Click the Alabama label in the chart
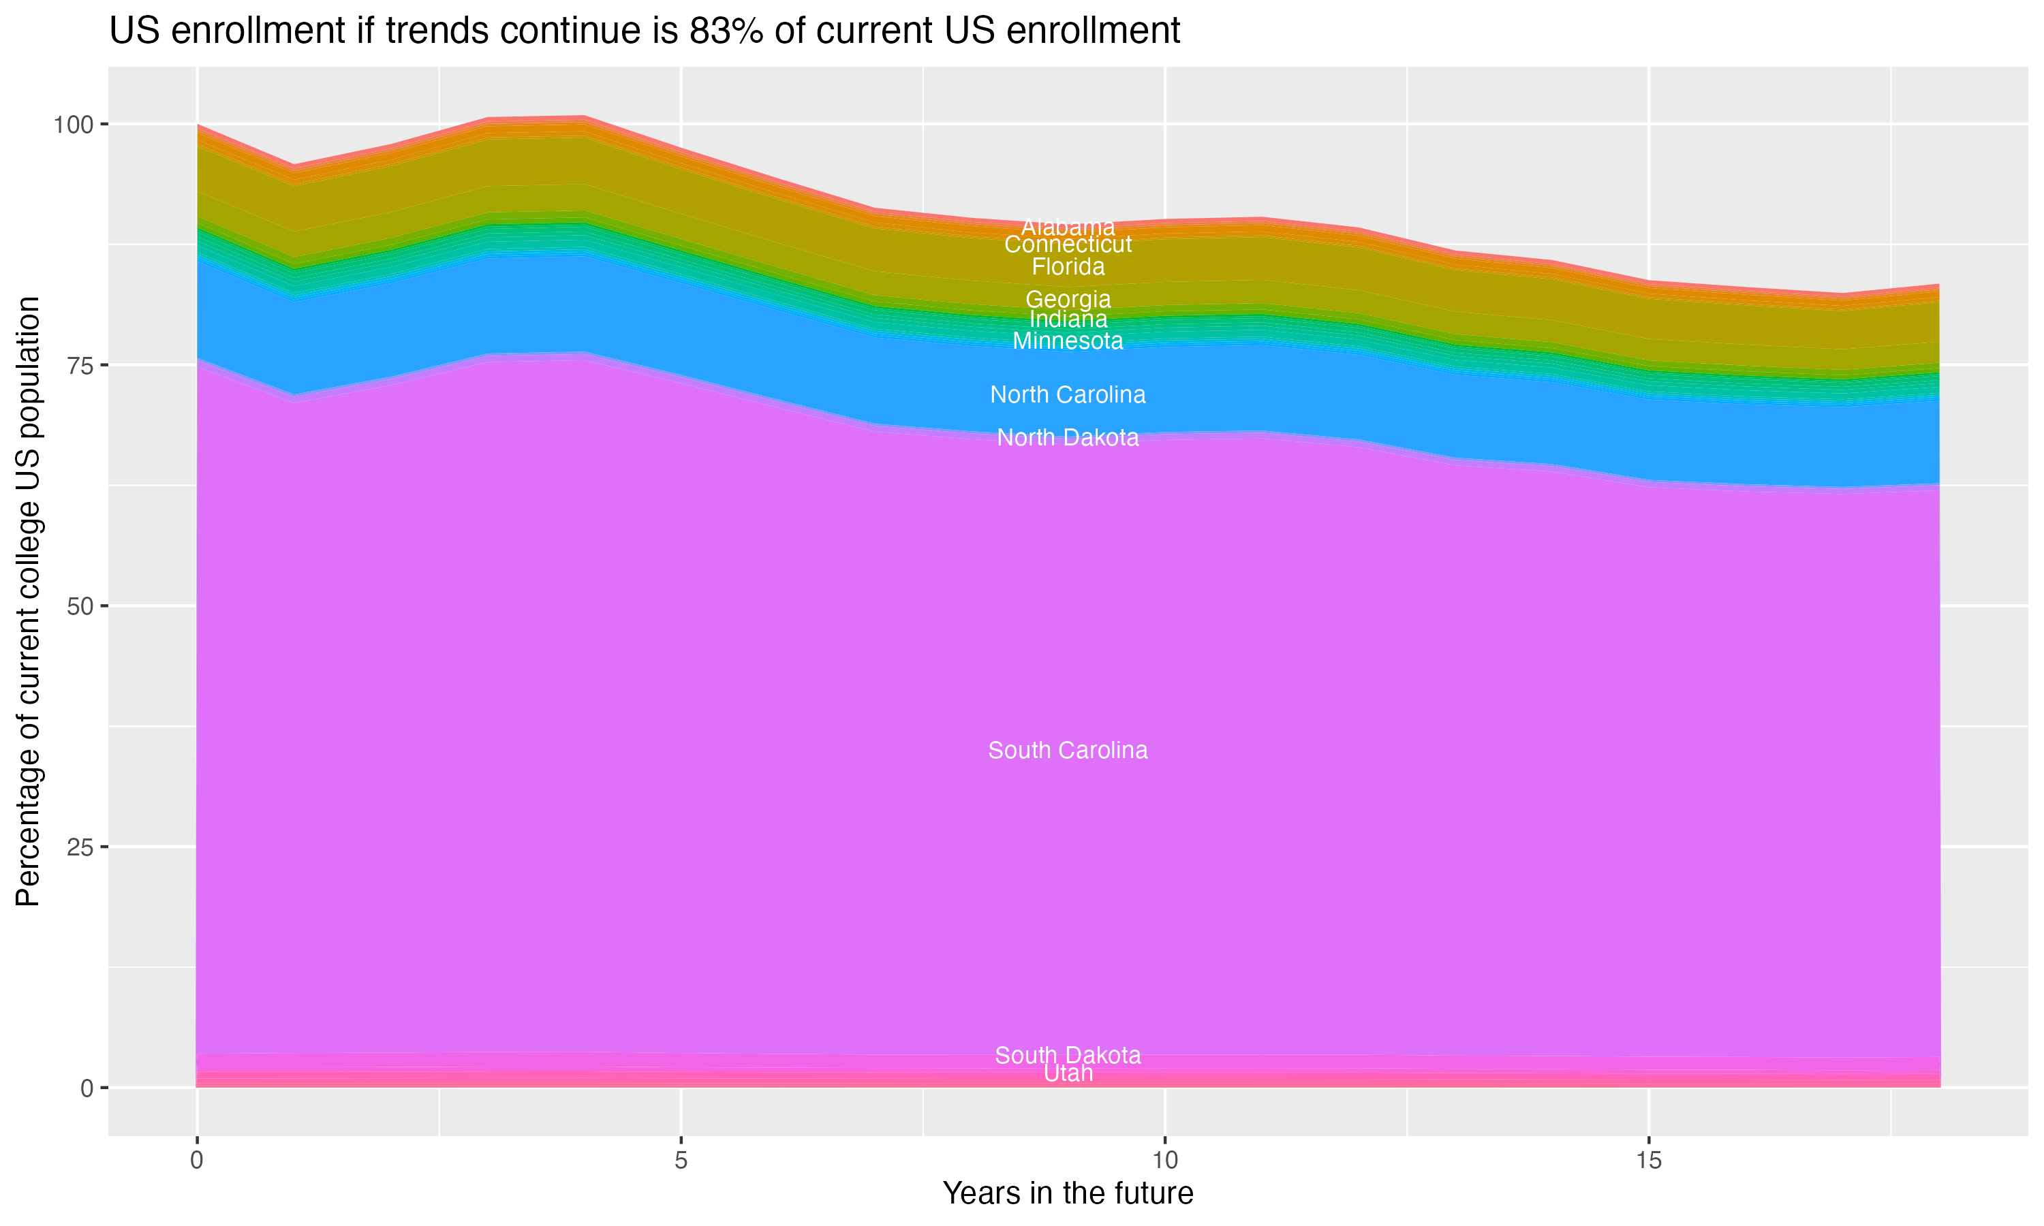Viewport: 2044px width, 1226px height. (x=1068, y=226)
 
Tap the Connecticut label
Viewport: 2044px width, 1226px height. (x=1068, y=245)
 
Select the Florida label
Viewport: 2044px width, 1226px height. (x=1068, y=267)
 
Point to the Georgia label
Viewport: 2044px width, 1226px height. (x=1068, y=299)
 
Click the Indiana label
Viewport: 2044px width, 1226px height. (x=1068, y=319)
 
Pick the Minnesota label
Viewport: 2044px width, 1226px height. (x=1068, y=341)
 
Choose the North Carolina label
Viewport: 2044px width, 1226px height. (x=1068, y=395)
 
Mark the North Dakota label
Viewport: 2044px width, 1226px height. (x=1068, y=437)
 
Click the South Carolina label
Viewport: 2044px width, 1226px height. (x=1068, y=750)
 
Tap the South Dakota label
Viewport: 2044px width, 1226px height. (x=1068, y=1055)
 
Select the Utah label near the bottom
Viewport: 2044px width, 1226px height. (x=1068, y=1073)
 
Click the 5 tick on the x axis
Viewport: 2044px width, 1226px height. (x=681, y=1161)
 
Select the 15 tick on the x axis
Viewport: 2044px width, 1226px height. (x=1648, y=1161)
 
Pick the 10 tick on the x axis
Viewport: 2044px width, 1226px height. (x=1164, y=1161)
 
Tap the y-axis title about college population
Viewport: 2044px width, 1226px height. (x=28, y=601)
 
